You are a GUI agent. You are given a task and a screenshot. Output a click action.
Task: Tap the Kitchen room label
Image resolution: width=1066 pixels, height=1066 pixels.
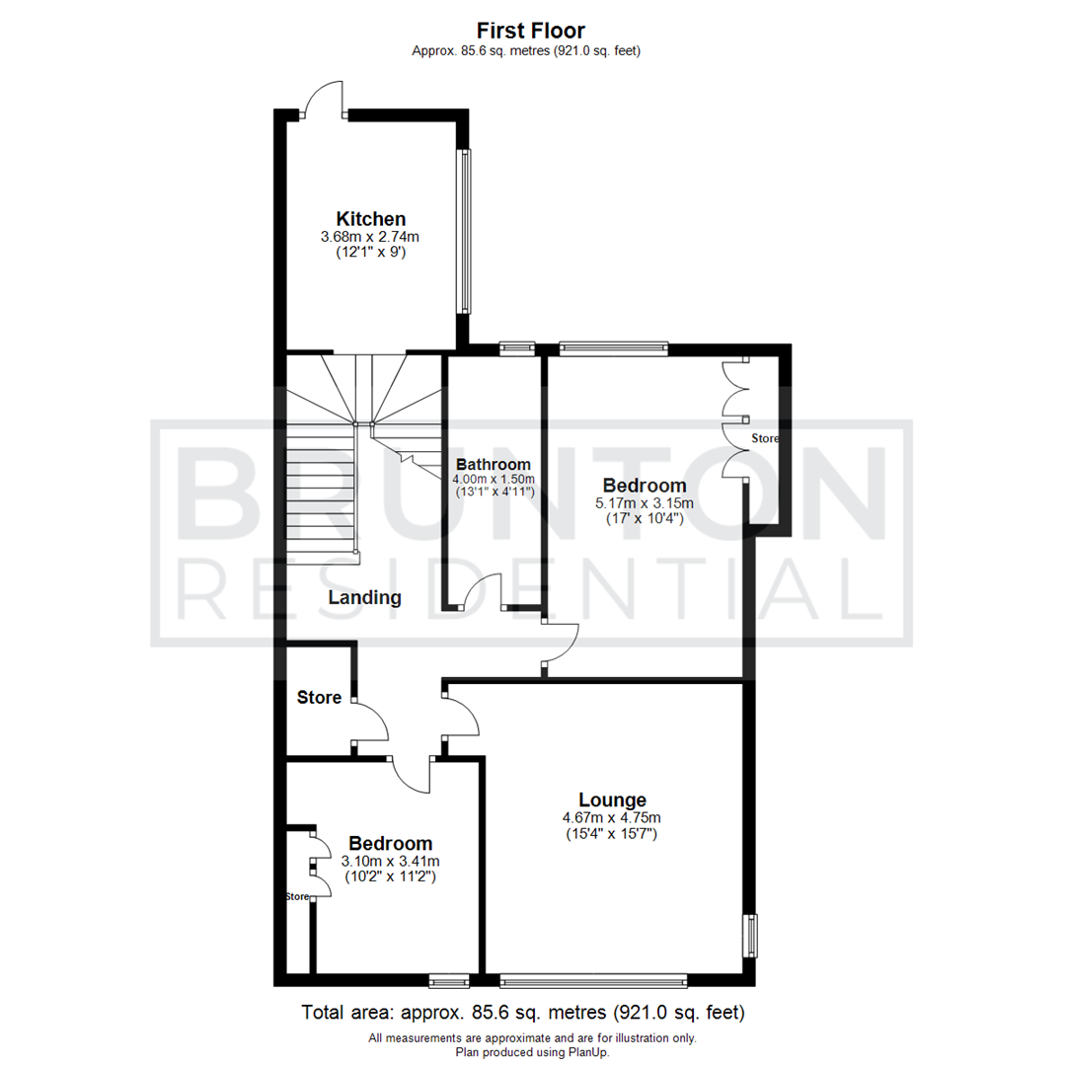click(370, 218)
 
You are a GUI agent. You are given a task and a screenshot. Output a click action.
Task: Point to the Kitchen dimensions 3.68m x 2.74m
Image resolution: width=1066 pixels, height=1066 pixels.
click(370, 237)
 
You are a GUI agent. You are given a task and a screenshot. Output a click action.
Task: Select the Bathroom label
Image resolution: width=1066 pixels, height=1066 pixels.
click(494, 464)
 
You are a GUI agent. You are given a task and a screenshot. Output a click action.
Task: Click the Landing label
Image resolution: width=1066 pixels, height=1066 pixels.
click(365, 597)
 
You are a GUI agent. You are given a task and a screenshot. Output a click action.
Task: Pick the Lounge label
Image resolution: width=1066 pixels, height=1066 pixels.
click(612, 799)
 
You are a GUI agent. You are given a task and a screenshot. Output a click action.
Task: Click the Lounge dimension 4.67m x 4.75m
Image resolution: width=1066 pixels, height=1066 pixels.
click(612, 817)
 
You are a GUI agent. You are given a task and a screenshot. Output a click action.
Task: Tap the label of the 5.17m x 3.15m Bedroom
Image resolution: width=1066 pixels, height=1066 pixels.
click(645, 486)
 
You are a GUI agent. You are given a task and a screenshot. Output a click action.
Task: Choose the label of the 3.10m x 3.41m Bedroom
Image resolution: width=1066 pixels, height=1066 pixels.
click(391, 844)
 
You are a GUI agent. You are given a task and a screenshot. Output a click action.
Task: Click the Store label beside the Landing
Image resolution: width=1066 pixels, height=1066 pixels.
click(320, 698)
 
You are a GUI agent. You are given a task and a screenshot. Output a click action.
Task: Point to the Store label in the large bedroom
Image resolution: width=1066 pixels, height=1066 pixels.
click(765, 437)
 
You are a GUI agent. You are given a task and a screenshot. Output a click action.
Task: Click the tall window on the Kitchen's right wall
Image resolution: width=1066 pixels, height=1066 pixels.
click(464, 232)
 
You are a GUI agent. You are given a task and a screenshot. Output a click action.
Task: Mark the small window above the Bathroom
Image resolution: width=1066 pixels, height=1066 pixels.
click(516, 347)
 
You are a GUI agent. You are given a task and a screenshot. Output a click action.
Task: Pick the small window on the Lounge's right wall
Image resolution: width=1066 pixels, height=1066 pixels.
click(750, 936)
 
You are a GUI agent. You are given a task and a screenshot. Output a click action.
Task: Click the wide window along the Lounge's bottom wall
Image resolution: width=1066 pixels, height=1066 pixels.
click(593, 980)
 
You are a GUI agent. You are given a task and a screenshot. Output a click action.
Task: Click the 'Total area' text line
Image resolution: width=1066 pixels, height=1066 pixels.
click(523, 1013)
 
